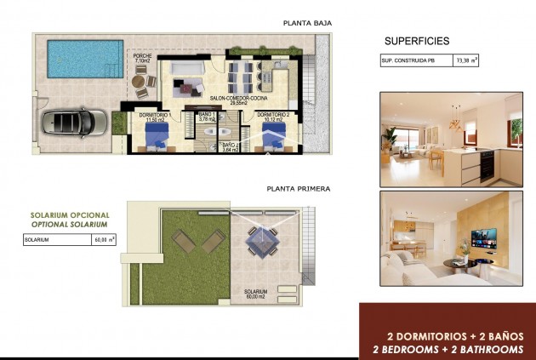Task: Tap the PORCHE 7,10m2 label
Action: point(142,59)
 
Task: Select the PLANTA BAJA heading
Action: point(308,23)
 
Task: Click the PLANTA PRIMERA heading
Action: point(298,189)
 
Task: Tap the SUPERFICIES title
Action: point(417,41)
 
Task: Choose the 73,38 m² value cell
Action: point(466,61)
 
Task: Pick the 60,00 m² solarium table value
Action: point(105,240)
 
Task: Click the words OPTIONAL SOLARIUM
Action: point(70,224)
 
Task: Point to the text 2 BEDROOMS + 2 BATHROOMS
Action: point(448,349)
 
